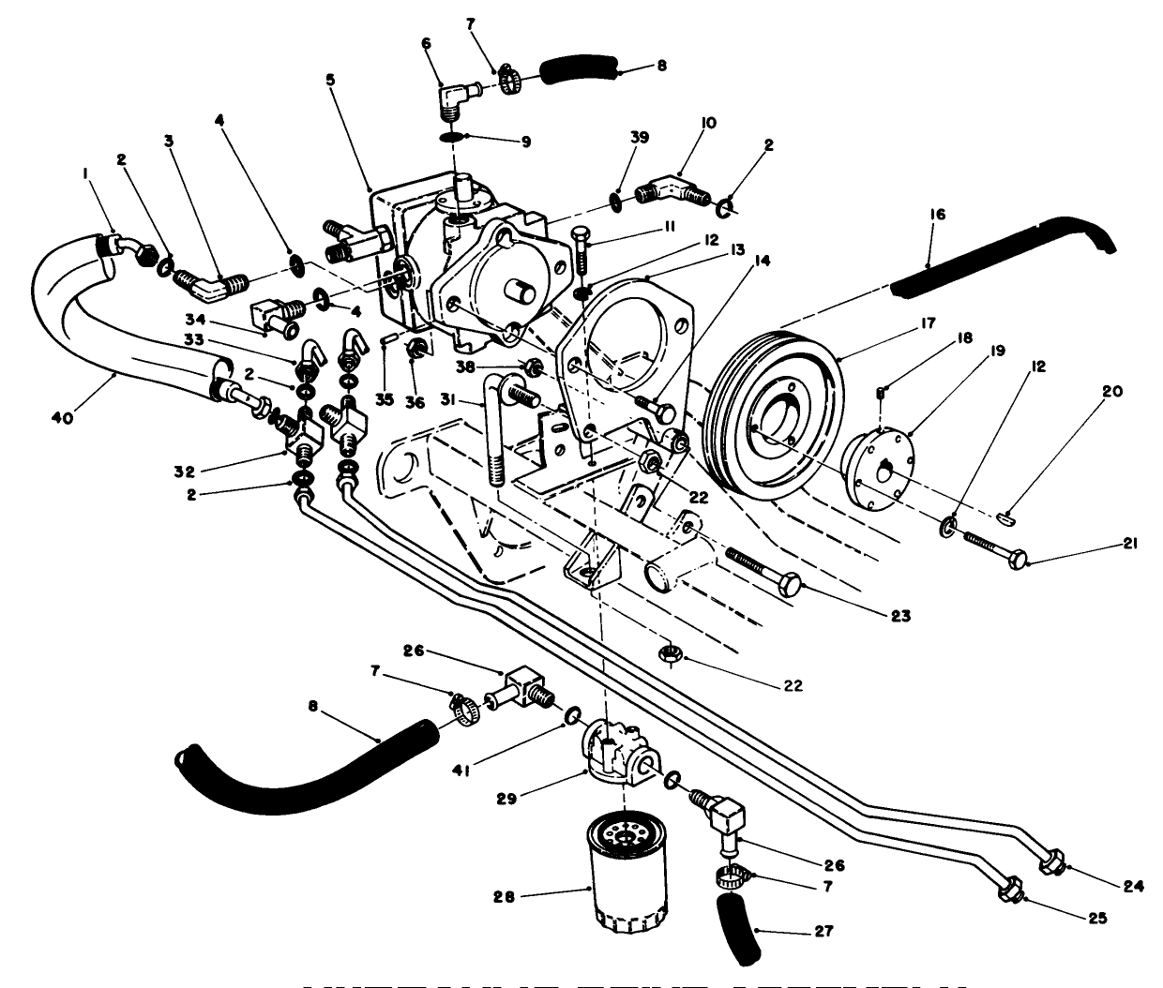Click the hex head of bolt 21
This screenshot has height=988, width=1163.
1017,561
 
